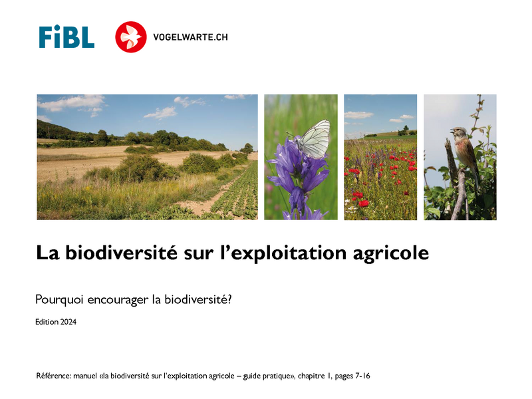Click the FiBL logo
[66, 37]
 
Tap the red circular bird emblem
[130, 37]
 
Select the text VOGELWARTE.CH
[190, 37]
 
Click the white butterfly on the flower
[313, 139]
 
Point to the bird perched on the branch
[465, 154]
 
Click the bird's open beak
[452, 130]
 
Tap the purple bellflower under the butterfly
[299, 180]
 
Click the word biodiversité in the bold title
[121, 253]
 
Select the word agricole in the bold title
[391, 254]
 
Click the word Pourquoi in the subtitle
[59, 300]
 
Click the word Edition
[47, 322]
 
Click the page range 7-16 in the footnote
[362, 376]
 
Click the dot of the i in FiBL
[57, 27]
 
